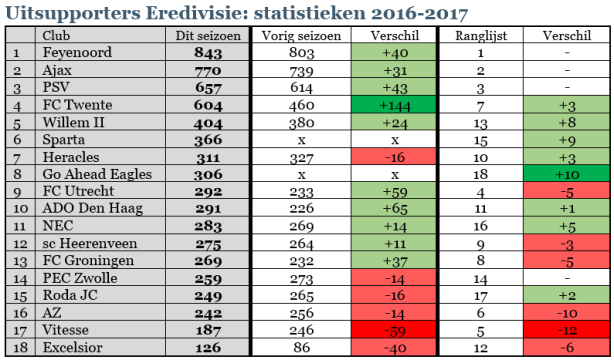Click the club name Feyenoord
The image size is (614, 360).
point(75,52)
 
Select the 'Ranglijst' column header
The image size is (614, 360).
point(481,35)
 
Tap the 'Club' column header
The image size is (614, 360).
point(62,35)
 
